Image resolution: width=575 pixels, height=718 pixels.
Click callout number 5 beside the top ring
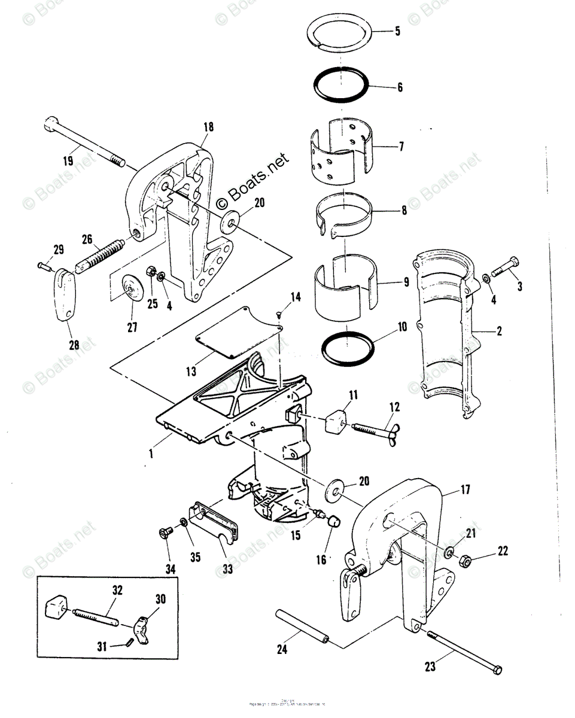[x=397, y=32]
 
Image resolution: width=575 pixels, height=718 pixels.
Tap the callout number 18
[x=208, y=127]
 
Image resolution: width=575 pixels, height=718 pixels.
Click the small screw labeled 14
[x=279, y=314]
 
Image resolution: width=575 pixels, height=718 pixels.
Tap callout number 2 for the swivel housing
[x=498, y=331]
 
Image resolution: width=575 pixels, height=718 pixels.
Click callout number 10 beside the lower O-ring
[x=401, y=327]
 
